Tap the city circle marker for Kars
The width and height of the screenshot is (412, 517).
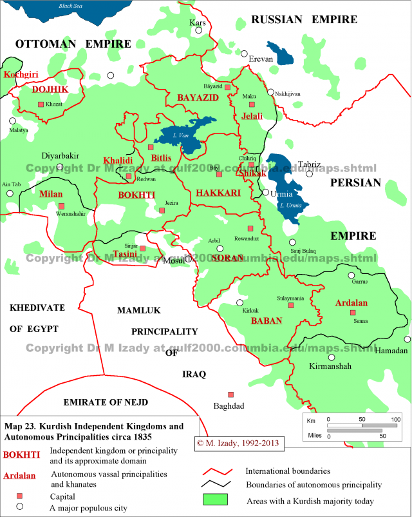[x=197, y=33]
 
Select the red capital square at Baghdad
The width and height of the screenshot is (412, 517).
[x=230, y=395]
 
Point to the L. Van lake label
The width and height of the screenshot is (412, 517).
[x=180, y=136]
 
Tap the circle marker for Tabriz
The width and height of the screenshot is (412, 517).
[x=310, y=173]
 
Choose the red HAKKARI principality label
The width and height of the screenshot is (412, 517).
[x=218, y=193]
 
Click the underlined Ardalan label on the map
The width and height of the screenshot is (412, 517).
[x=351, y=302]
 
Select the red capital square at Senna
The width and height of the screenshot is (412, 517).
[x=352, y=313]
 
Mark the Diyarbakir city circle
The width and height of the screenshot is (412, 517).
[x=60, y=166]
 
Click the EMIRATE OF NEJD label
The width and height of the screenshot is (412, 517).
[x=106, y=402]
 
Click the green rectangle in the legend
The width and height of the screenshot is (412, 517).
[x=216, y=500]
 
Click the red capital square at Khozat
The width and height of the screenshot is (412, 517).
[x=41, y=104]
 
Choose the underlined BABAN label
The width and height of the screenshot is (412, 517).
[x=266, y=320]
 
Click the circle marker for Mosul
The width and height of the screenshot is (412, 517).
[x=189, y=259]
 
